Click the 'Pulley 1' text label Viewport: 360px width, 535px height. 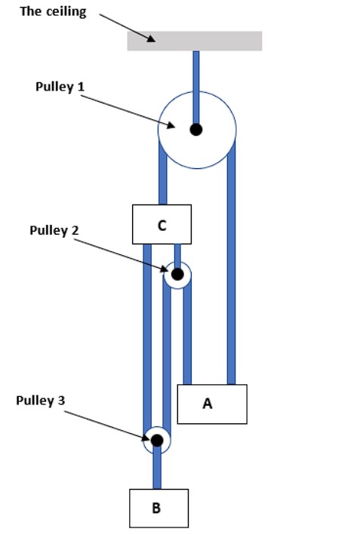[x=60, y=86]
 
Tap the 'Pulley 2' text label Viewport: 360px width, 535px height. [x=54, y=231]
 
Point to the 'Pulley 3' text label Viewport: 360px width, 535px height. [x=41, y=400]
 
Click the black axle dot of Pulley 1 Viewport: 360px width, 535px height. [x=196, y=129]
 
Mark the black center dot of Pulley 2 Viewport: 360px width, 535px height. [x=177, y=274]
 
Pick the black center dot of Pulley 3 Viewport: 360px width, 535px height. [x=156, y=440]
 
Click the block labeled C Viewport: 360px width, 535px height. [x=162, y=224]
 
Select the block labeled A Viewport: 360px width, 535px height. [x=212, y=404]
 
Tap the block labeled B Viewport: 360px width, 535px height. [x=158, y=508]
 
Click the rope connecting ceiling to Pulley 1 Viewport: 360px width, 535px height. [x=196, y=72]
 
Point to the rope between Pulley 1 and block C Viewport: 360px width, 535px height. [x=162, y=181]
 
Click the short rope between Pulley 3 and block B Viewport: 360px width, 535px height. [x=157, y=472]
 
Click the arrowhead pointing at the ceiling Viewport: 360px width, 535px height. [x=152, y=38]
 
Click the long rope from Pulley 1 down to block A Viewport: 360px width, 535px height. [x=232, y=264]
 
